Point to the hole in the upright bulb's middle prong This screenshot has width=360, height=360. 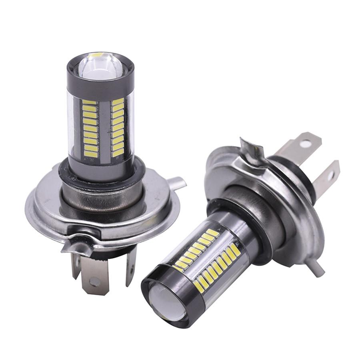95,282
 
